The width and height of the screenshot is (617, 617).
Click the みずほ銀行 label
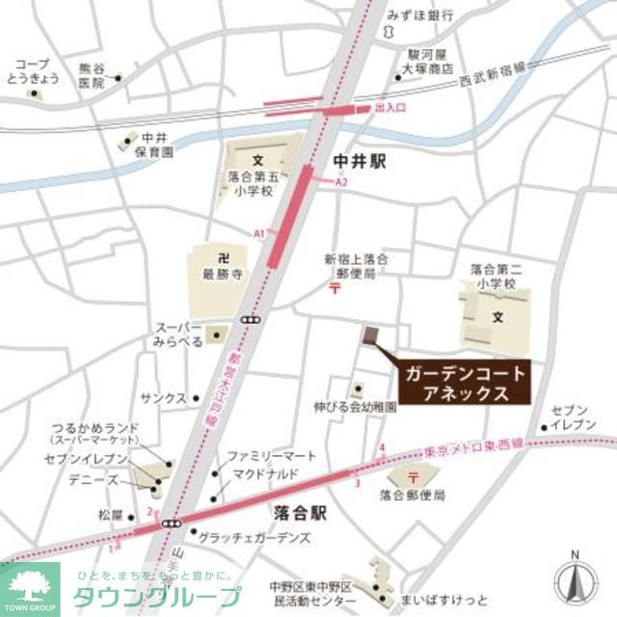coord(420,16)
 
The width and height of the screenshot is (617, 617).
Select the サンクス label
coord(163,397)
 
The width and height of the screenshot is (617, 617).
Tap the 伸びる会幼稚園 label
coord(355,408)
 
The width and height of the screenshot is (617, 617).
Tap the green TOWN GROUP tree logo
coord(29,586)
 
